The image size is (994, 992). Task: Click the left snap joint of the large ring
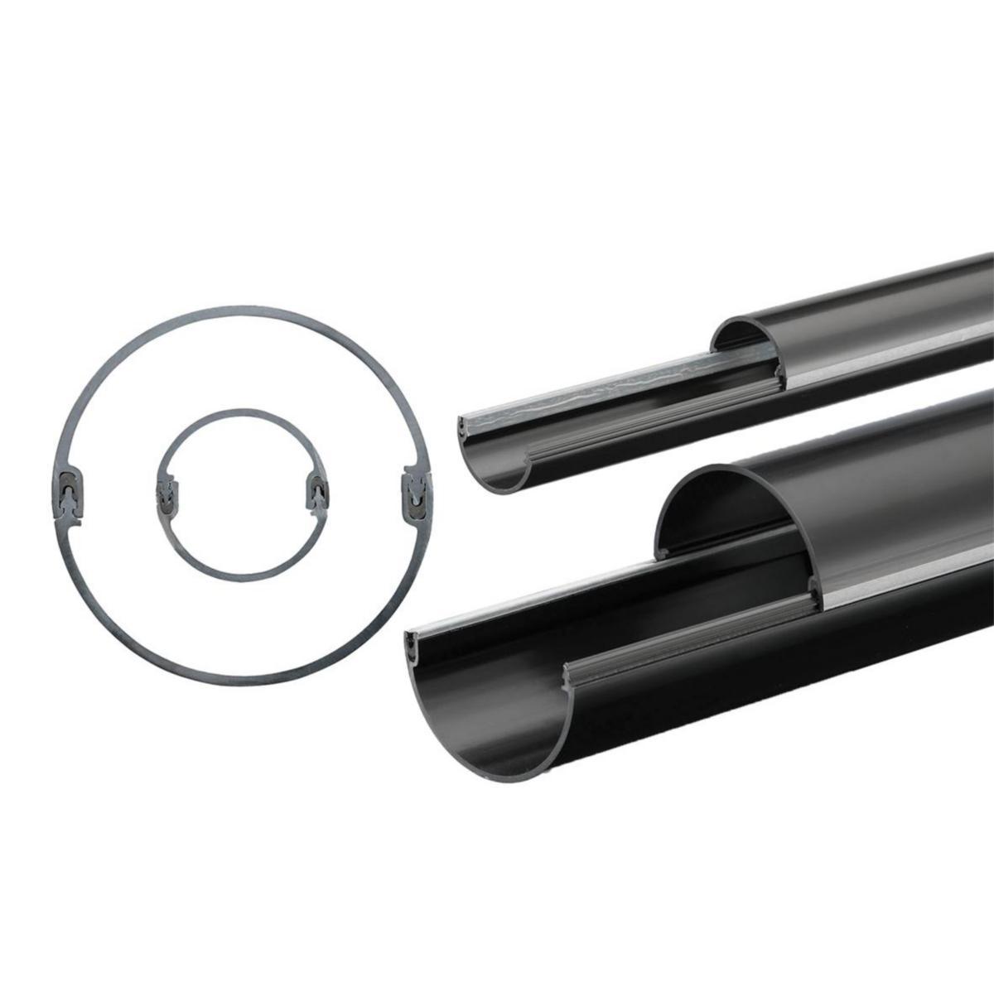pyautogui.click(x=68, y=493)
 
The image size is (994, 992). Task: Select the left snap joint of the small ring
pyautogui.click(x=166, y=494)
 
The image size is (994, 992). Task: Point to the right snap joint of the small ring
pyautogui.click(x=316, y=494)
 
